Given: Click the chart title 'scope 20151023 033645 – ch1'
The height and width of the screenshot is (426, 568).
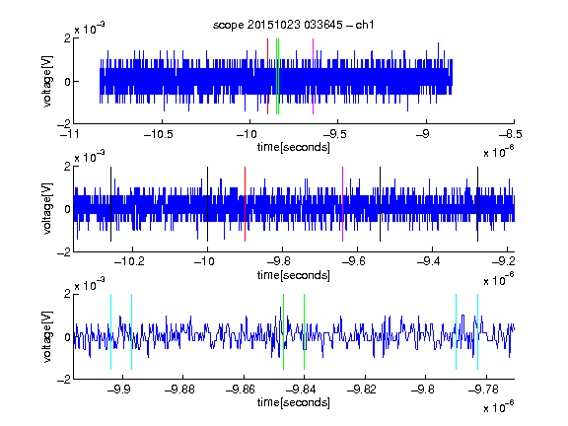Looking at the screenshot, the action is tap(294, 25).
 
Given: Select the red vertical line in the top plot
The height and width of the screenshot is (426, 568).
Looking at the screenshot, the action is tap(267, 77).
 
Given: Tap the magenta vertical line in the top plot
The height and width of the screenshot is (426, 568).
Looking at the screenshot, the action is tap(313, 77).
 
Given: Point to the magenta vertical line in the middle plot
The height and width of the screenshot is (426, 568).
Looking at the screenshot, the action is tap(343, 204).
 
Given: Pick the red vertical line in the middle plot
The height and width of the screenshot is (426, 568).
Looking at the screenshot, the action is tap(245, 204).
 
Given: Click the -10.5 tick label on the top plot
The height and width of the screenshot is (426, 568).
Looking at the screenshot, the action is tap(159, 135).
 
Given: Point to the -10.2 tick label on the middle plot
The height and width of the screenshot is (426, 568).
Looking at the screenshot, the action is tap(129, 261).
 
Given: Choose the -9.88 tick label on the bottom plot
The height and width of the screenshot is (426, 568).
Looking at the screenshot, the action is tap(179, 390).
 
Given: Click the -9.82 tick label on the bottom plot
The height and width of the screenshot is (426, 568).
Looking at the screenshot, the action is tap(362, 390).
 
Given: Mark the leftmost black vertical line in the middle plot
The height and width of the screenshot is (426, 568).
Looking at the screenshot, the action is tap(110, 204).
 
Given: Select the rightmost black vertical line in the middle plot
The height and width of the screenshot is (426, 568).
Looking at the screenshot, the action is tap(478, 204).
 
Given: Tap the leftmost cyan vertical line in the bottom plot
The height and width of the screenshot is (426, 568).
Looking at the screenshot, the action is tap(110, 331).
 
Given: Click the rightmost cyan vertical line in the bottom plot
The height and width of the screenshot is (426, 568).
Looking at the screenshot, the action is tap(478, 331).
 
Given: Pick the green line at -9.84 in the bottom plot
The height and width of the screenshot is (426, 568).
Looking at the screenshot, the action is tap(305, 331).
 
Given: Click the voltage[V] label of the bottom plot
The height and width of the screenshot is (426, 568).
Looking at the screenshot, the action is tap(47, 336).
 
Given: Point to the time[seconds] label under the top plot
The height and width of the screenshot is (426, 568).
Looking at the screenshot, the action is tap(294, 147).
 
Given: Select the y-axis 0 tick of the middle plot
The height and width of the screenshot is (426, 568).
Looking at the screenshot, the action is tap(67, 209).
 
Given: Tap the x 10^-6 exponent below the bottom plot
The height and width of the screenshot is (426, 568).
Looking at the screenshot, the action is tap(499, 406).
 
